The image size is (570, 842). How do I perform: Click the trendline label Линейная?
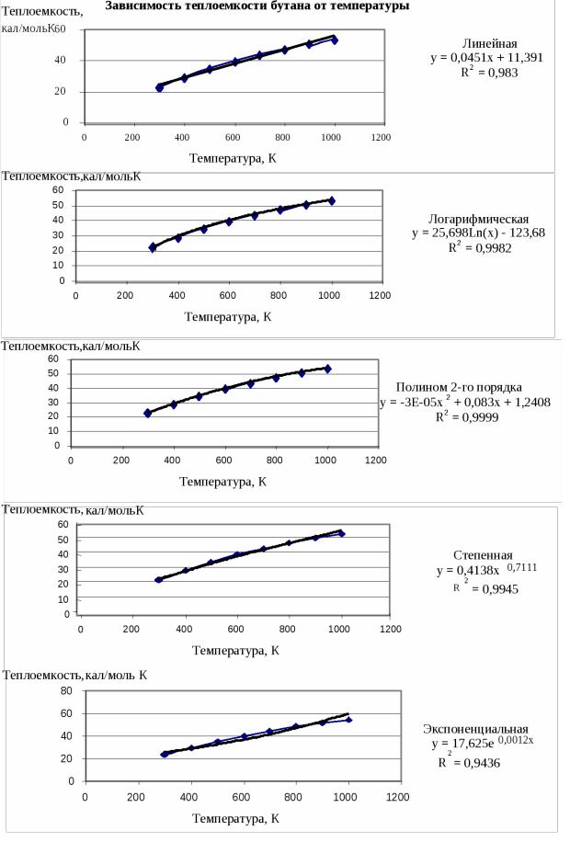click(489, 44)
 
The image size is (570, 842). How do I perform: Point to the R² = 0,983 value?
click(489, 72)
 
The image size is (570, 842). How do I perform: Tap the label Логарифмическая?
click(478, 219)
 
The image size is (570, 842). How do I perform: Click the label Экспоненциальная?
click(475, 728)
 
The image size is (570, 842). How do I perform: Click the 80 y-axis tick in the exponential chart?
click(66, 690)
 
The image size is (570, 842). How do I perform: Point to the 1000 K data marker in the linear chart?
click(335, 40)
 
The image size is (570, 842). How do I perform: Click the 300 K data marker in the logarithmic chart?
click(153, 247)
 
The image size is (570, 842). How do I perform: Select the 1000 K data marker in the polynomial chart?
click(326, 369)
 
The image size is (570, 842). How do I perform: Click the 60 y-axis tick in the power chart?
click(64, 524)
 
